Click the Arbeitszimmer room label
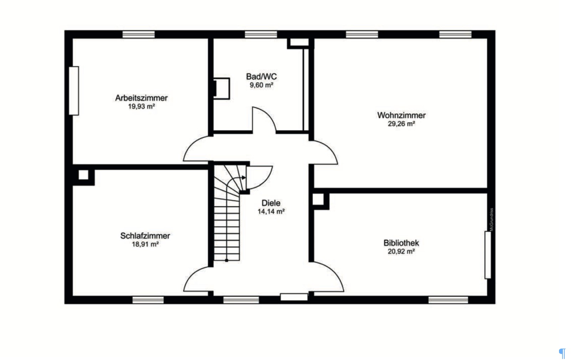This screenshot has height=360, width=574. click(x=141, y=98)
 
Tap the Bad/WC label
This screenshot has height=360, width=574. click(x=261, y=76)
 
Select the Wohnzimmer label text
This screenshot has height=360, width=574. click(x=401, y=115)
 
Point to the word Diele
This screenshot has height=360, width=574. click(x=271, y=203)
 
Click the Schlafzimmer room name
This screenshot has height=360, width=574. click(x=145, y=236)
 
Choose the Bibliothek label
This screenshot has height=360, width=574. click(x=401, y=243)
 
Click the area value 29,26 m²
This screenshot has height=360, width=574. click(x=401, y=124)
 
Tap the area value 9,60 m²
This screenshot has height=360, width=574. click(x=261, y=85)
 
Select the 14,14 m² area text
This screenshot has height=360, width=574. click(x=271, y=211)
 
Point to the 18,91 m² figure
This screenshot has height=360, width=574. click(x=145, y=244)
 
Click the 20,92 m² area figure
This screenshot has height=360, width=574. click(x=401, y=251)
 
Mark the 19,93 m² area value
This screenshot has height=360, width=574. click(x=141, y=106)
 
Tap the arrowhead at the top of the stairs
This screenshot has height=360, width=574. click(x=244, y=178)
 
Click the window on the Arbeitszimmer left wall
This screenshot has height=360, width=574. click(x=74, y=91)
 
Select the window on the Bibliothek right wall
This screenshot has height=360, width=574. click(x=488, y=255)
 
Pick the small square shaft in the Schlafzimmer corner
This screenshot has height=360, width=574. click(x=83, y=175)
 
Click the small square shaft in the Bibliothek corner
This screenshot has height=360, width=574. click(x=318, y=199)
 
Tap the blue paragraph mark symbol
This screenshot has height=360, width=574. click(x=562, y=354)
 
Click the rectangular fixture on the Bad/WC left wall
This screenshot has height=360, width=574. click(x=222, y=88)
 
